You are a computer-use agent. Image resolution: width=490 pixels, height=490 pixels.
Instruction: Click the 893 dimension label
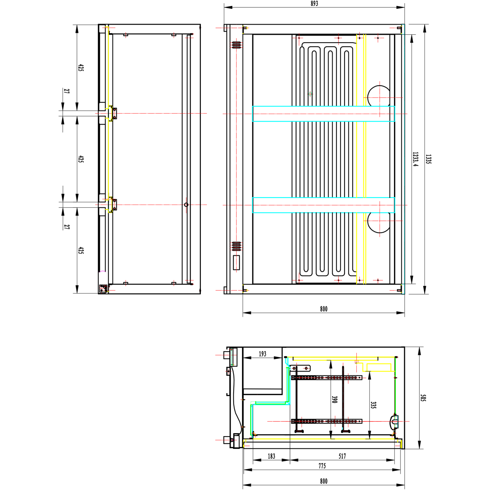coord(314,4)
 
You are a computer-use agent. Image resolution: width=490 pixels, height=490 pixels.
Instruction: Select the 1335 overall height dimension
coord(428,159)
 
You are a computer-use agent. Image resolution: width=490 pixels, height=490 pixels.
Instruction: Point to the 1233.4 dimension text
coord(415,159)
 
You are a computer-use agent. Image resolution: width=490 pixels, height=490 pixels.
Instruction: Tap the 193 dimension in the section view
coord(263,354)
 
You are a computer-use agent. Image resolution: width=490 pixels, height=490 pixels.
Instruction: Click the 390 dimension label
coord(335,400)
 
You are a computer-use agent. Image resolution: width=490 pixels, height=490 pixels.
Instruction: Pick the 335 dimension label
coord(373,405)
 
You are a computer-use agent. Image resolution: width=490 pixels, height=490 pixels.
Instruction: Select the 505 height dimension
coord(423,398)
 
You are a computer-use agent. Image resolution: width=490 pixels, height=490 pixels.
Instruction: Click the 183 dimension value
coord(271,456)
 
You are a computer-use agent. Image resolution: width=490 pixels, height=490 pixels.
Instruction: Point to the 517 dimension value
coord(342,456)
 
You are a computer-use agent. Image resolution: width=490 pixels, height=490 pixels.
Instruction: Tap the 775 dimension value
coord(322,466)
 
